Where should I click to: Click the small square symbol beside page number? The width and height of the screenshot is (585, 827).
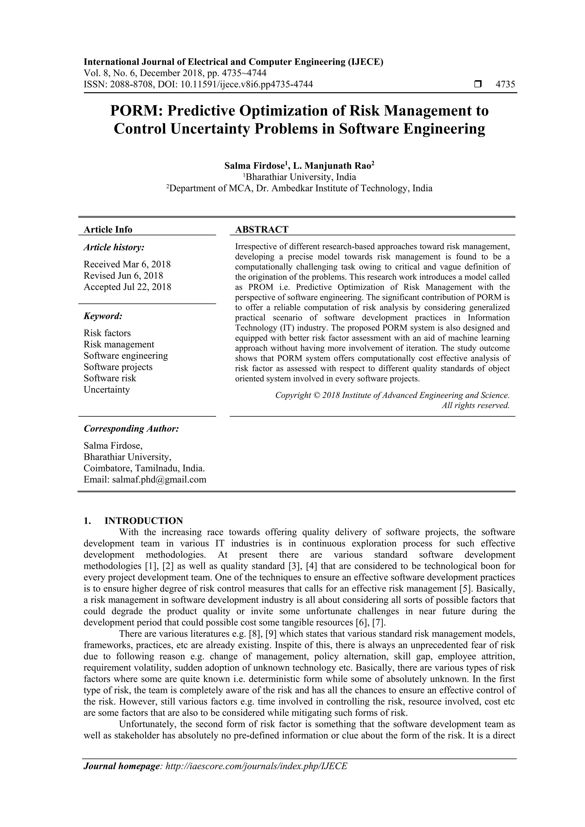click(478, 85)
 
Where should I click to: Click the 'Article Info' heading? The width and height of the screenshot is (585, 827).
click(108, 229)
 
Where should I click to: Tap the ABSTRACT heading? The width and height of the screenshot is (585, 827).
click(262, 229)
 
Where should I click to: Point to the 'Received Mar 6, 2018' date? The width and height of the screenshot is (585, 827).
click(127, 264)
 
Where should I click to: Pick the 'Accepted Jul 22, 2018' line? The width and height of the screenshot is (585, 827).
click(127, 287)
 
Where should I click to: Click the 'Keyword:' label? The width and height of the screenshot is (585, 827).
click(103, 316)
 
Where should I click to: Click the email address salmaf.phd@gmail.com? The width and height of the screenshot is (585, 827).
click(159, 480)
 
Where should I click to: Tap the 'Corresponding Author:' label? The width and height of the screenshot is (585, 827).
click(131, 429)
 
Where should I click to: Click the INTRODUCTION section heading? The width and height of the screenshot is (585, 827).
click(143, 521)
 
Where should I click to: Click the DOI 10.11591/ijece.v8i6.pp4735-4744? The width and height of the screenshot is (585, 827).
click(247, 85)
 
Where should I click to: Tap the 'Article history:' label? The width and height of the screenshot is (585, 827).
click(114, 248)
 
